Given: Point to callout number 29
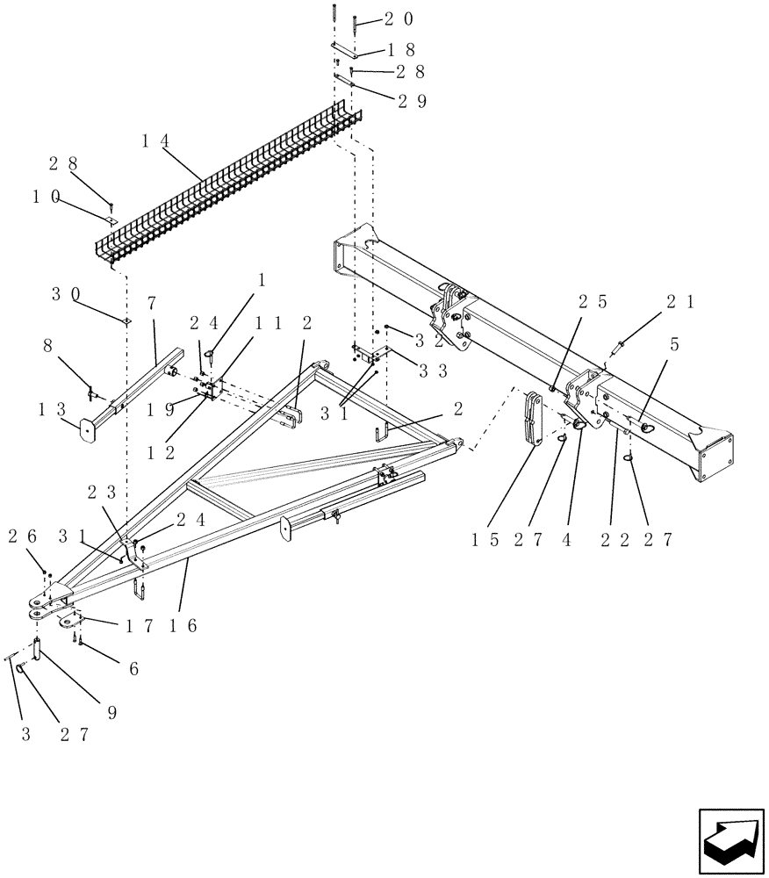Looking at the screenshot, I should click(x=412, y=102).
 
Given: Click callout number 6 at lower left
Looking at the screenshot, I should click(x=133, y=667).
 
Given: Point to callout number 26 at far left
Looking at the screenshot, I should click(x=20, y=536).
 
